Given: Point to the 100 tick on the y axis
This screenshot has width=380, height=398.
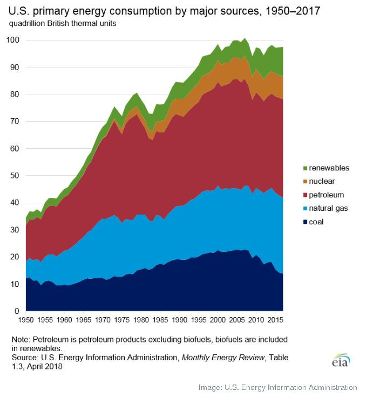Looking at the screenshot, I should pos(13,40).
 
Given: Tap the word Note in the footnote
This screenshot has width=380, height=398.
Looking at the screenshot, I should pos(22,340).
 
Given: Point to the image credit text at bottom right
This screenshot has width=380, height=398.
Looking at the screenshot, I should pos(277,387).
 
